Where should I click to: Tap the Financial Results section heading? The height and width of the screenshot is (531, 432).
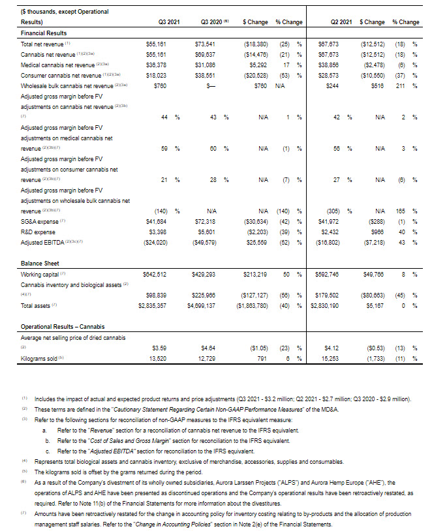pyautogui.click(x=44, y=32)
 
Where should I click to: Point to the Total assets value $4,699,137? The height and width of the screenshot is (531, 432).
pyautogui.click(x=206, y=305)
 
